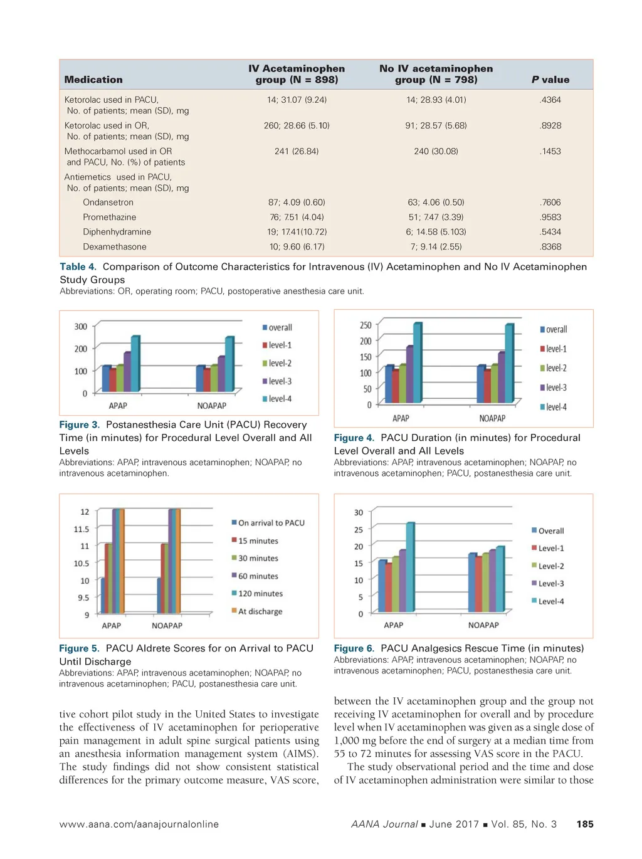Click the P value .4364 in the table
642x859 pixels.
pyautogui.click(x=550, y=100)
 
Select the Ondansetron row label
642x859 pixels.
pyautogui.click(x=108, y=203)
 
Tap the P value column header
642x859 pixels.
pyautogui.click(x=550, y=80)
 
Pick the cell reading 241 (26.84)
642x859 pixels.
pyautogui.click(x=297, y=151)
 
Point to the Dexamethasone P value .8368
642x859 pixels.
pyautogui.click(x=550, y=247)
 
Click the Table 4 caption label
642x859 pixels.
pyautogui.click(x=78, y=267)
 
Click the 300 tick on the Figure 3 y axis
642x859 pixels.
pyautogui.click(x=81, y=327)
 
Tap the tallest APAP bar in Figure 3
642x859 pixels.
pyautogui.click(x=135, y=364)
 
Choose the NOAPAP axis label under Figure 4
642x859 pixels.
pyautogui.click(x=492, y=418)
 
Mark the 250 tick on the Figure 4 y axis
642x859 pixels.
pyautogui.click(x=366, y=325)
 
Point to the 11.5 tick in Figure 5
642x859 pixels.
pyautogui.click(x=82, y=529)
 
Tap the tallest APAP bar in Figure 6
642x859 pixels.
pyautogui.click(x=410, y=567)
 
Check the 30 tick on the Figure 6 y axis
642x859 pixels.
pyautogui.click(x=359, y=513)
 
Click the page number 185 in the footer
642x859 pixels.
pyautogui.click(x=585, y=825)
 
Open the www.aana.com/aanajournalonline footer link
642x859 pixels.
pyautogui.click(x=139, y=825)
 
